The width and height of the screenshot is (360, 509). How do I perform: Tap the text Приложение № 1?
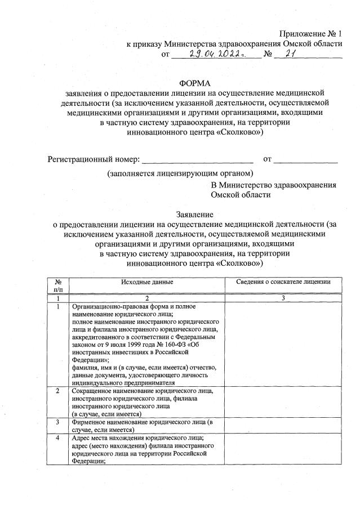coord(311,34)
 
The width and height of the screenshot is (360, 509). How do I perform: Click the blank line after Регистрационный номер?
coord(198,160)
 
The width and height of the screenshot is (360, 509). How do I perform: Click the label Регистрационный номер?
coord(92,160)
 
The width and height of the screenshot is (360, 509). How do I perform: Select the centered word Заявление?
coord(195,215)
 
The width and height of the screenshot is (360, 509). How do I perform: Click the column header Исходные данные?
coord(146,282)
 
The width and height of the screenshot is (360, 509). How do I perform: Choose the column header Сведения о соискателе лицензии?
coord(283,282)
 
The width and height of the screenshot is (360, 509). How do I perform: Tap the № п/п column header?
coord(58,285)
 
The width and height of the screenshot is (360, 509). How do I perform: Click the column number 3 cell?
coord(283,298)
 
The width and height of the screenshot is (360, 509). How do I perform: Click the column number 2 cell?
coord(146,298)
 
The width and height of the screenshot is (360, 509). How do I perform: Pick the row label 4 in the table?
coord(58,439)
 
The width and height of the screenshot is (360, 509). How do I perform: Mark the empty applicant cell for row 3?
coord(283,425)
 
